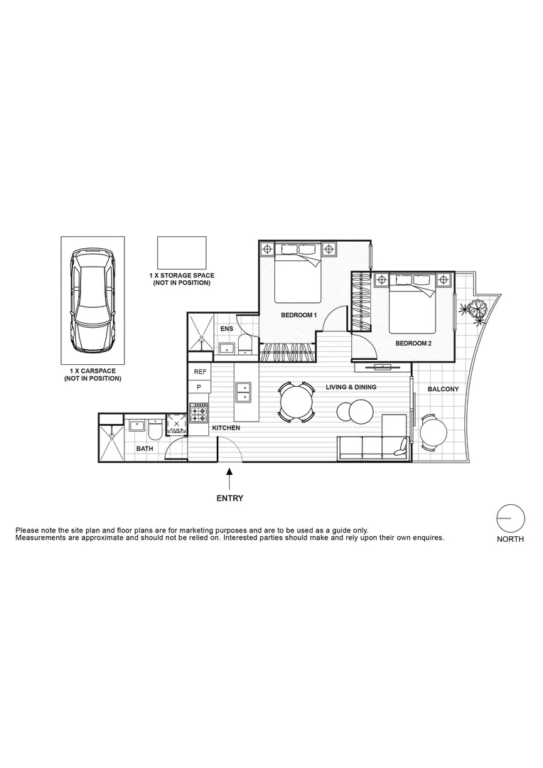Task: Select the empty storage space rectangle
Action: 181,252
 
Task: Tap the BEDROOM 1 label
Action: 299,315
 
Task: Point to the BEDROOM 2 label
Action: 414,343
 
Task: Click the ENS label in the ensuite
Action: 227,329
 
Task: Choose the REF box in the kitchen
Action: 200,372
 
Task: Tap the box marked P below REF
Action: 200,387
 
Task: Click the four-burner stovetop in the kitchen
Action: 199,414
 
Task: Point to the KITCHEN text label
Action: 225,428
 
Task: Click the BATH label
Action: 144,449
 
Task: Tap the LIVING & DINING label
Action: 351,388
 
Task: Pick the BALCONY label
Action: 443,390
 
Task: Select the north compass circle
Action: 510,519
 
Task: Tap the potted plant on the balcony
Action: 474,310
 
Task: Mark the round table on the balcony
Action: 434,432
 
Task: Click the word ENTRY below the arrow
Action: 230,498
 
